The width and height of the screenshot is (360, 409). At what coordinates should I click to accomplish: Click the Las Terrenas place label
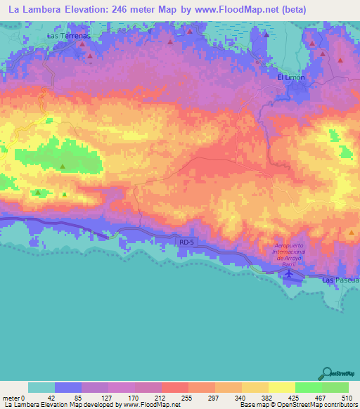[68, 34]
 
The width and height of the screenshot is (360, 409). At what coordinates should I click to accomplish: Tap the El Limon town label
[289, 77]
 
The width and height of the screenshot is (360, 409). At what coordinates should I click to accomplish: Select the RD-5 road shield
[186, 242]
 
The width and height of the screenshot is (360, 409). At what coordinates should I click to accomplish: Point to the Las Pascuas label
[340, 280]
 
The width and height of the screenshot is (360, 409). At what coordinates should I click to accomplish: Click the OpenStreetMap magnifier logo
[328, 373]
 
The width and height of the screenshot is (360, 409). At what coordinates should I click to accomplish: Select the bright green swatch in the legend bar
[308, 387]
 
